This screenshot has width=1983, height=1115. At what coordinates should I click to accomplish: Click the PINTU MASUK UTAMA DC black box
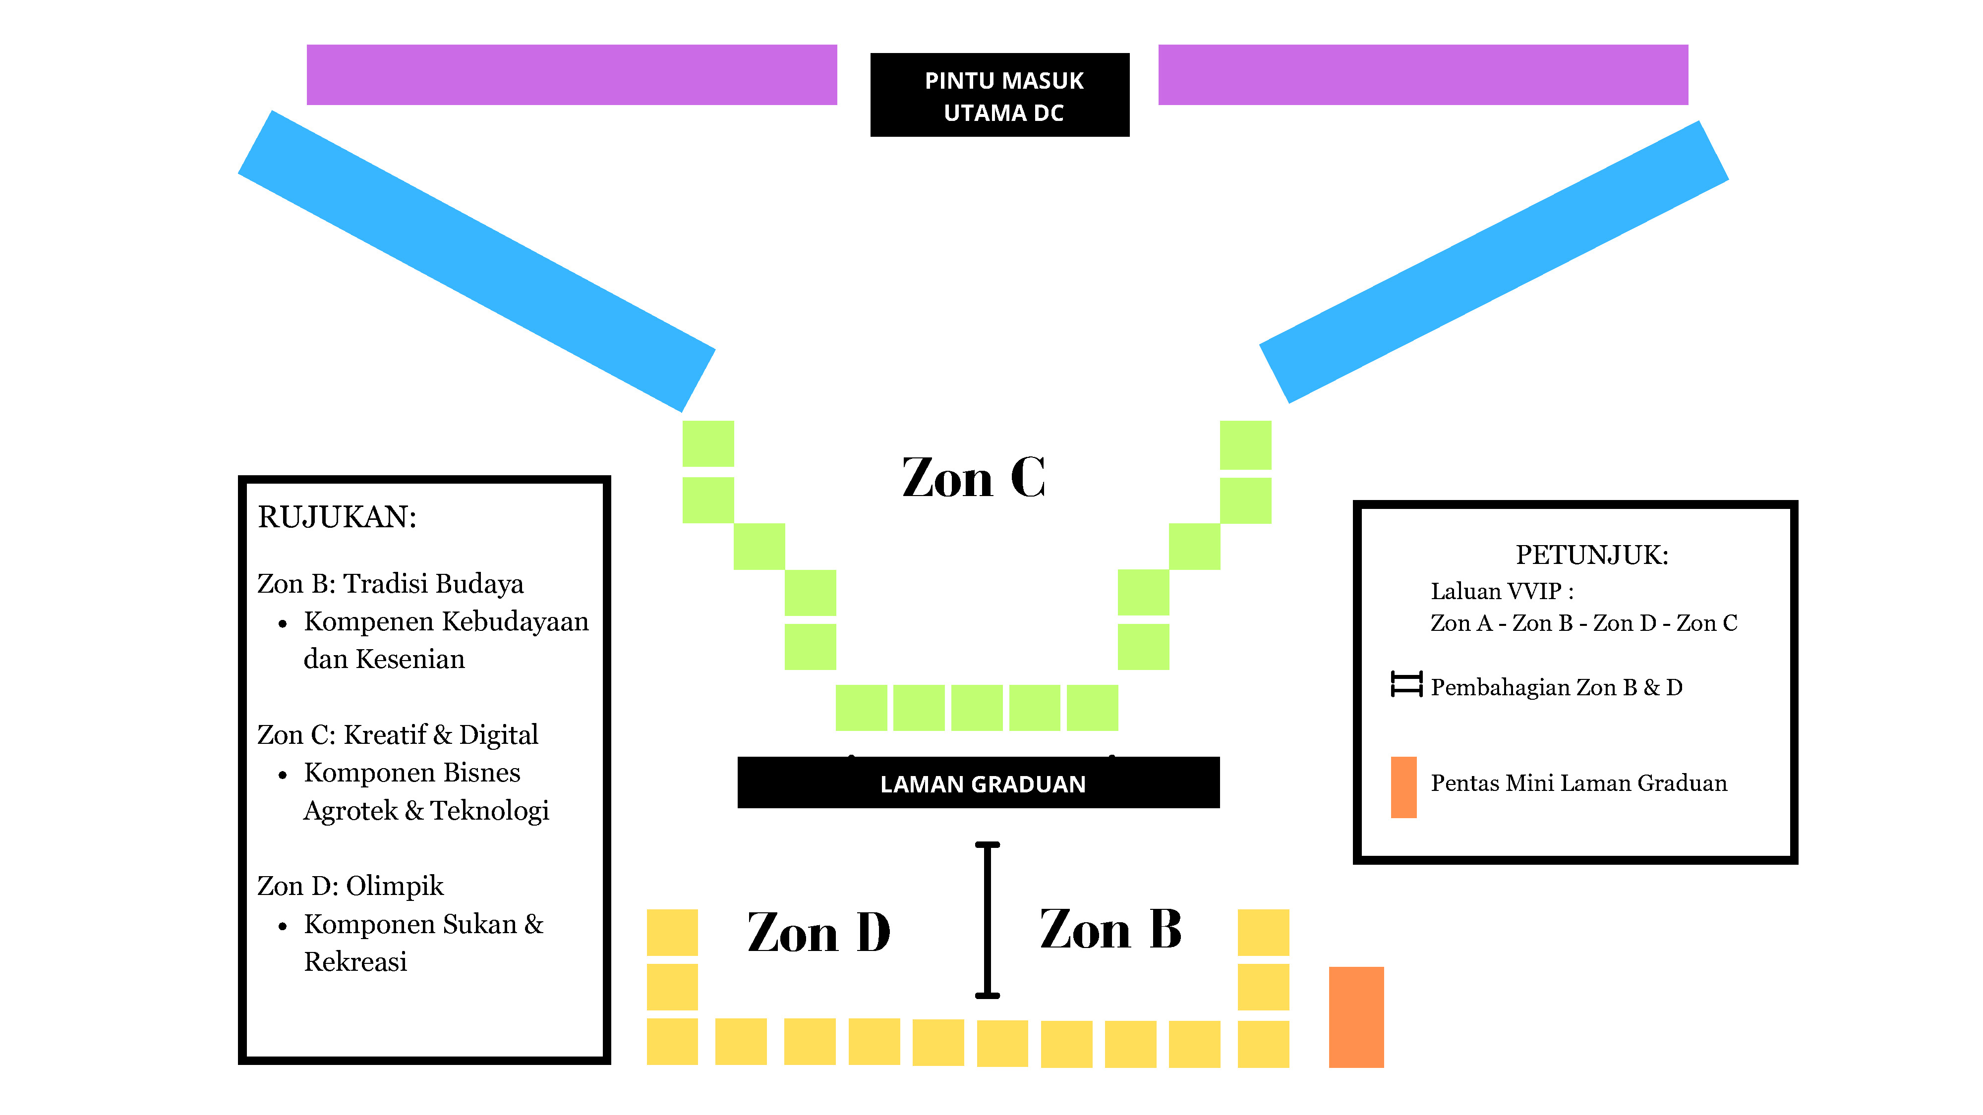click(999, 96)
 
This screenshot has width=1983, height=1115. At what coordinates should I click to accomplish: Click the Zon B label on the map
click(1110, 930)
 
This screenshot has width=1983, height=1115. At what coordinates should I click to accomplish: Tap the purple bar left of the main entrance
click(571, 75)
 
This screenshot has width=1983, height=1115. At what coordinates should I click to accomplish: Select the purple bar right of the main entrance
click(1423, 75)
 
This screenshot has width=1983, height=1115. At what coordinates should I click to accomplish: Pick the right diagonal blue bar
click(1493, 262)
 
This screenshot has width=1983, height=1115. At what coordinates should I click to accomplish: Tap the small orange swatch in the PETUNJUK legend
click(1403, 787)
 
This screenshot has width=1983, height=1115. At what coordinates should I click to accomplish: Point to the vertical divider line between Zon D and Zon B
click(987, 920)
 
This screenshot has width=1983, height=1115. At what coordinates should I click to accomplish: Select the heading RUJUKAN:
click(337, 517)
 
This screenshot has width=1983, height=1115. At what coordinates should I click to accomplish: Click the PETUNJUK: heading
click(1591, 555)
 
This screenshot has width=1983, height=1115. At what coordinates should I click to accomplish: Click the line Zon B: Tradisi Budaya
click(390, 584)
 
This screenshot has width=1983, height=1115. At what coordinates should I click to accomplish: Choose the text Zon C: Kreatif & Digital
click(397, 735)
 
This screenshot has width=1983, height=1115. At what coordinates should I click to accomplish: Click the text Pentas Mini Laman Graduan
click(1578, 783)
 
